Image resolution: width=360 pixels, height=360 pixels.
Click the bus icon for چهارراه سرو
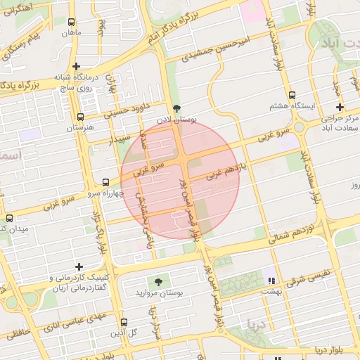(x=105, y=181)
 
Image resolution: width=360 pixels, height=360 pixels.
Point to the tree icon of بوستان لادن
(x=176, y=108)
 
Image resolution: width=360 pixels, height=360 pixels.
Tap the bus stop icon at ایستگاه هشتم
(x=292, y=95)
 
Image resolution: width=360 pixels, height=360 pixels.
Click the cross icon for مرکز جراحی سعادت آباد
(x=340, y=108)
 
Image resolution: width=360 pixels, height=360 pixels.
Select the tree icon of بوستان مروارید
(x=159, y=281)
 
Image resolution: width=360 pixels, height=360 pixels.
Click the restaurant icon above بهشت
(x=271, y=279)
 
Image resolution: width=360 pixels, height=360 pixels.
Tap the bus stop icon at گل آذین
(x=124, y=322)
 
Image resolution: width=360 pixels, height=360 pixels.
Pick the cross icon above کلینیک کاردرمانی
(x=79, y=266)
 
